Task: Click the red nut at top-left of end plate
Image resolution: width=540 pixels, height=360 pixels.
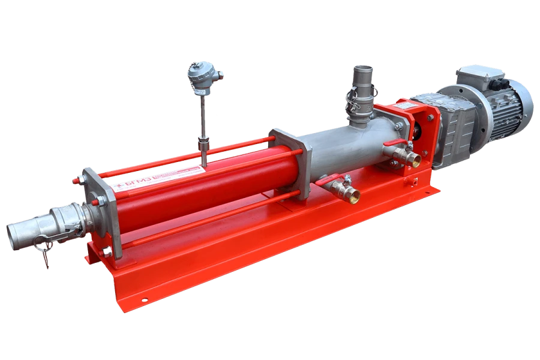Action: pyautogui.click(x=76, y=179)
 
